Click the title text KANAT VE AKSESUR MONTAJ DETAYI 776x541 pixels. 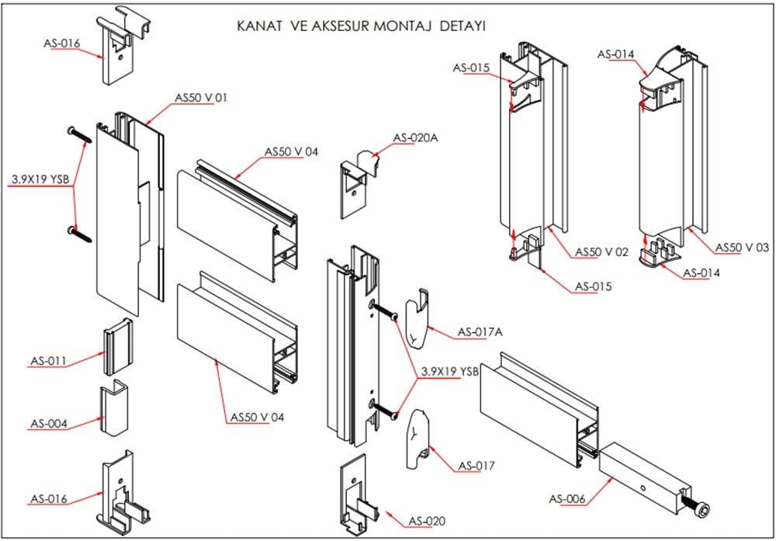(361, 26)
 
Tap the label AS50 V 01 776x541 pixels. (200, 98)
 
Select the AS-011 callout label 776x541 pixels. (49, 361)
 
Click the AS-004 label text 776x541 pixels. (49, 424)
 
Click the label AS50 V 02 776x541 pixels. (601, 252)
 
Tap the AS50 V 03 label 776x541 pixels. (741, 247)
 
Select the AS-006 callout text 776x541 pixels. (567, 498)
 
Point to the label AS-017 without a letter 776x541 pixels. (476, 466)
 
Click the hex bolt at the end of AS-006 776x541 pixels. (701, 508)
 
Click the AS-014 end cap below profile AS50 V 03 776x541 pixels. (653, 254)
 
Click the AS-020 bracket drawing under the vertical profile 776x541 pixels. (359, 497)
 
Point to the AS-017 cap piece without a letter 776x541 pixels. (417, 439)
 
